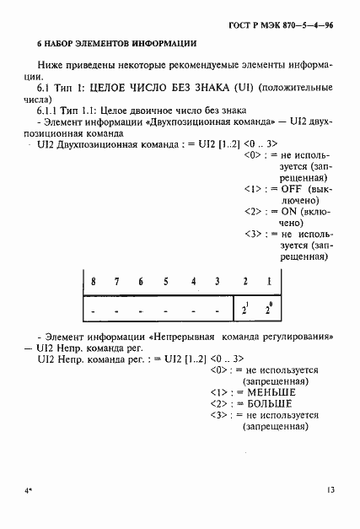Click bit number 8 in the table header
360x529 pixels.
(94, 281)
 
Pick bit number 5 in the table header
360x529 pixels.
(166, 281)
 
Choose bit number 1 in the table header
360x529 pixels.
(269, 281)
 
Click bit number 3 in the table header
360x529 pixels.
(218, 281)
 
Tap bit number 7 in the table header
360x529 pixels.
(117, 281)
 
